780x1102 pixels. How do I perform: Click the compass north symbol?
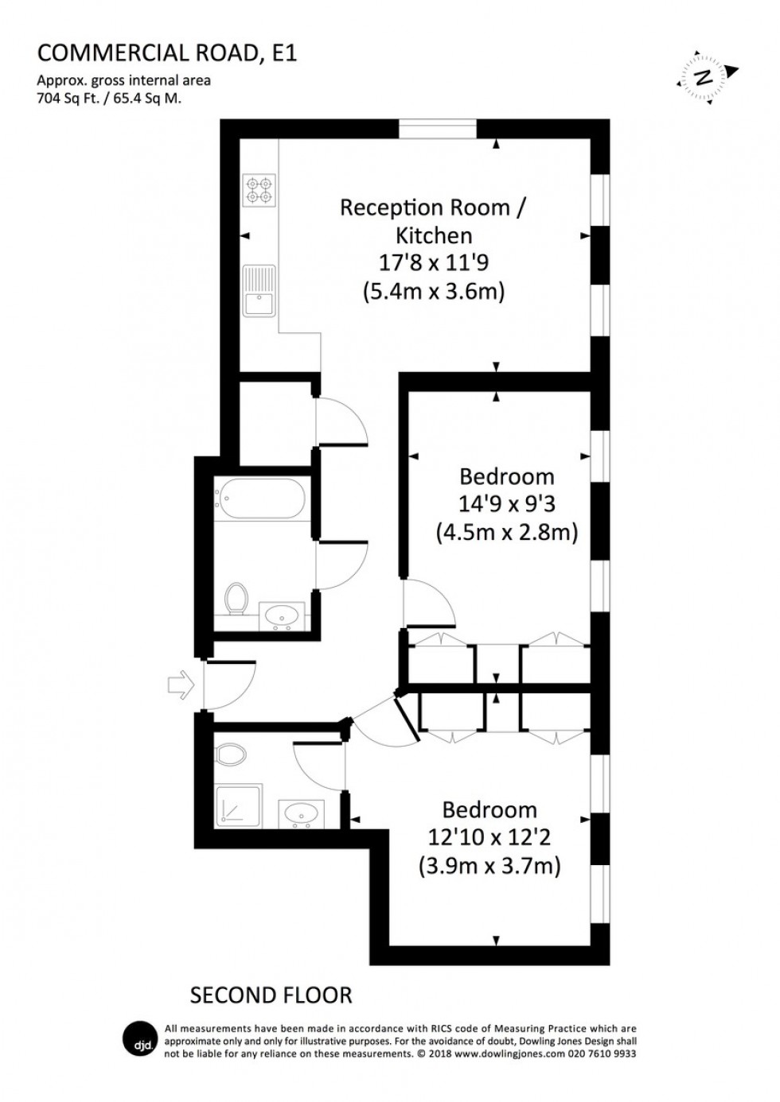[x=703, y=77]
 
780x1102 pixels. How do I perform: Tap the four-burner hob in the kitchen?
[x=259, y=188]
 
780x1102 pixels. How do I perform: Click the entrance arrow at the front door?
[x=181, y=685]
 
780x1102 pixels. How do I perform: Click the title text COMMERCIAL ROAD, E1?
[x=167, y=53]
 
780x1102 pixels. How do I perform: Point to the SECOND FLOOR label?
[x=271, y=995]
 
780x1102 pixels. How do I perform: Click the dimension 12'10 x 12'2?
[x=489, y=836]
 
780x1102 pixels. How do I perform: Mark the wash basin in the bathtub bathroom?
[x=282, y=615]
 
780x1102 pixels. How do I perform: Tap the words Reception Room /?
[x=433, y=208]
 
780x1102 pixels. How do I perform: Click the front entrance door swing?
[x=229, y=684]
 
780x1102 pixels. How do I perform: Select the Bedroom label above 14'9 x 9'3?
[x=506, y=476]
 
